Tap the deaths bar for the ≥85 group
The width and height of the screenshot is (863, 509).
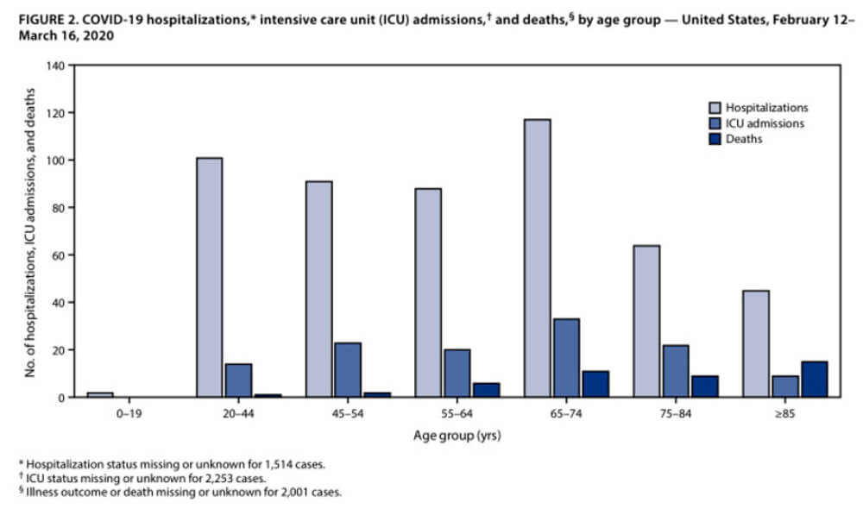814,379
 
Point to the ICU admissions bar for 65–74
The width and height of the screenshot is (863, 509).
566,357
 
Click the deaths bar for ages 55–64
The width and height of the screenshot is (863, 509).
485,390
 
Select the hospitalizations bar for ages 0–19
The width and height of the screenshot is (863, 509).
99,394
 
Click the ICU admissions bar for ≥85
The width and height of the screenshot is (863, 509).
784,386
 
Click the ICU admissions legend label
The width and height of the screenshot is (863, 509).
765,123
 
